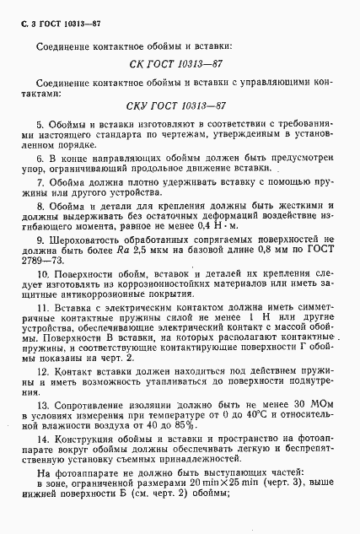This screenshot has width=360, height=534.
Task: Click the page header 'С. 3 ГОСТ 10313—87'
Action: [53, 16]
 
